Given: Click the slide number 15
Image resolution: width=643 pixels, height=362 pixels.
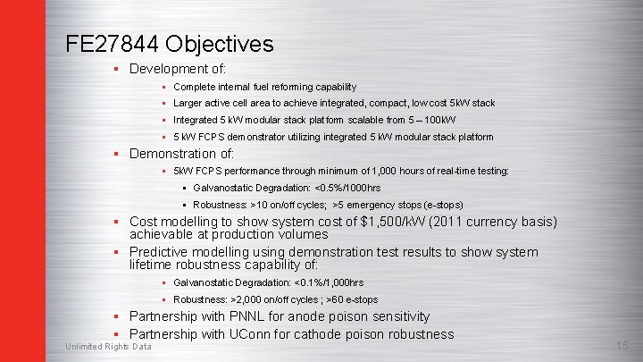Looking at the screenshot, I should (x=622, y=346).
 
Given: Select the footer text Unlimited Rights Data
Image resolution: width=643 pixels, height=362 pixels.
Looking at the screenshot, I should (x=108, y=347).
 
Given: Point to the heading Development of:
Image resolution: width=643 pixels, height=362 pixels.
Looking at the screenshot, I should (x=178, y=69).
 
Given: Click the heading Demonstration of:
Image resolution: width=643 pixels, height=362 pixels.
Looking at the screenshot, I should (x=182, y=154).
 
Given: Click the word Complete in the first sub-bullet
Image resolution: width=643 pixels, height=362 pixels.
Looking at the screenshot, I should (x=193, y=87).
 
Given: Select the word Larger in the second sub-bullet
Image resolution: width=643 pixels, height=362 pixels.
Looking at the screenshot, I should (x=188, y=103).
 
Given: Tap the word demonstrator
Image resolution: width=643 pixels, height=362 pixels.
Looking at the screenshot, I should (x=248, y=137).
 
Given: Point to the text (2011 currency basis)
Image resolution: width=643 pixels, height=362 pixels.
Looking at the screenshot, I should (x=490, y=222).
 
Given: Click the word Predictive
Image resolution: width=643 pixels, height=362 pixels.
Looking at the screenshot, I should (x=163, y=252).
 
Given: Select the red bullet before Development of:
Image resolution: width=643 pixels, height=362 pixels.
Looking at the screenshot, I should (x=116, y=69).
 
